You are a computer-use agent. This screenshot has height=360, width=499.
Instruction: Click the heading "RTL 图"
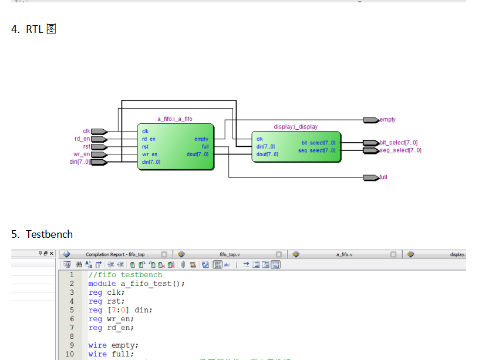[x=41, y=29]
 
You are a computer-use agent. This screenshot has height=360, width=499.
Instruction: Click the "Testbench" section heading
[x=49, y=234]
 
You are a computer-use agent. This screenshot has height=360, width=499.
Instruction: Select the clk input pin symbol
[x=99, y=132]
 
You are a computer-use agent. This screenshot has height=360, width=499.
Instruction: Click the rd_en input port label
[x=82, y=139]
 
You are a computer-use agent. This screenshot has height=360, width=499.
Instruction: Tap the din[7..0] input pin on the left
[x=99, y=162]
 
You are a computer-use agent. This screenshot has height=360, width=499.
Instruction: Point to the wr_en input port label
[x=82, y=154]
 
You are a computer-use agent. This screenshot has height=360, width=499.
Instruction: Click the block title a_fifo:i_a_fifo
[x=174, y=119]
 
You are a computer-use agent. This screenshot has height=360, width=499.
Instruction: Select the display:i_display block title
[x=295, y=127]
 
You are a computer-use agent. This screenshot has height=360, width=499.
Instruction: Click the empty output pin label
[x=387, y=120]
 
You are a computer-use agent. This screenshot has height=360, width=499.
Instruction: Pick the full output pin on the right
[x=371, y=177]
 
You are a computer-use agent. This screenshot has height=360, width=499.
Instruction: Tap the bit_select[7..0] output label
[x=399, y=143]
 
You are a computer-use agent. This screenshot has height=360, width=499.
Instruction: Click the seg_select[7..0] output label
[x=400, y=150]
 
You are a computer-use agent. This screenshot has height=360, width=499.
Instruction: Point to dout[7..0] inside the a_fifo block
[x=197, y=154]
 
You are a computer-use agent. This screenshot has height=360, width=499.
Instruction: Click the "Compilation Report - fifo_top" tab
[x=115, y=254]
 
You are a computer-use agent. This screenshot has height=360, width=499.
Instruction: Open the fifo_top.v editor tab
[x=230, y=254]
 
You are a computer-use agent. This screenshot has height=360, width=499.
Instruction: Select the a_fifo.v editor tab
[x=344, y=254]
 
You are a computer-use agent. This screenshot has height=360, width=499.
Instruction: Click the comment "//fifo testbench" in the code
[x=125, y=275]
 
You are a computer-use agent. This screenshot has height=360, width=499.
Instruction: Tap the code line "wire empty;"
[x=113, y=345]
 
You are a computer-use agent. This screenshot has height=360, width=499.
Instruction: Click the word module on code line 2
[x=102, y=284]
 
